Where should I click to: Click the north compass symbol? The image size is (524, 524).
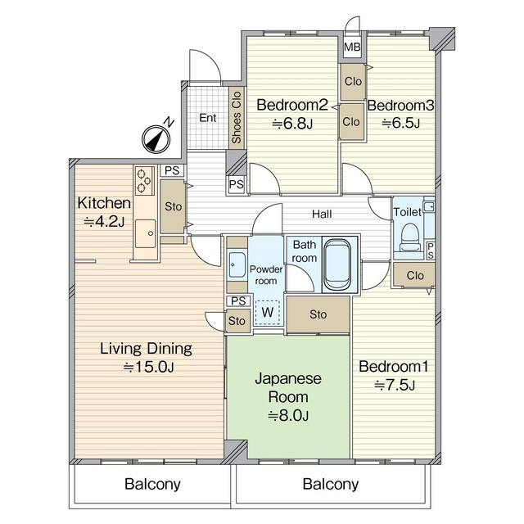tap(156, 139)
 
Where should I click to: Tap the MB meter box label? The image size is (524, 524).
tap(352, 47)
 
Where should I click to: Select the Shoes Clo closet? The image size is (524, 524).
tap(237, 117)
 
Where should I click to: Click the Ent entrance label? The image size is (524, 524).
tap(208, 118)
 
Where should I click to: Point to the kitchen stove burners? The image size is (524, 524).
tap(144, 181)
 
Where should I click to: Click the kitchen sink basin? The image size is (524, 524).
tap(145, 233)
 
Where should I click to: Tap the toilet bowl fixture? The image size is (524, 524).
tap(409, 237)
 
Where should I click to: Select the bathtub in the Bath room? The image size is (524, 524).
tap(337, 264)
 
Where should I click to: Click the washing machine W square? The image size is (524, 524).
tap(268, 313)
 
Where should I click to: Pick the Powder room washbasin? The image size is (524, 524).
tap(237, 265)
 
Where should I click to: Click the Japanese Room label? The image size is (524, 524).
tap(288, 387)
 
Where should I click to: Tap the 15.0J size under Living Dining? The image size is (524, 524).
tap(148, 368)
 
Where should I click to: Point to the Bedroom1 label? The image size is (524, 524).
tap(393, 367)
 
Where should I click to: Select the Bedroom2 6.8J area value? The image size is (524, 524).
tap(292, 124)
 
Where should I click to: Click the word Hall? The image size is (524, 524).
tap(322, 214)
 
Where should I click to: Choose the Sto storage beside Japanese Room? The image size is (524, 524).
tap(318, 314)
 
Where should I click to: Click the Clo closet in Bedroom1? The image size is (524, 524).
tap(414, 275)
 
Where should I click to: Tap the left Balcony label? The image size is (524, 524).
tap(152, 484)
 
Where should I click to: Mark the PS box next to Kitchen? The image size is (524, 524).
tap(172, 170)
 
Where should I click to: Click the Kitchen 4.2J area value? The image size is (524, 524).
tap(104, 222)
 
